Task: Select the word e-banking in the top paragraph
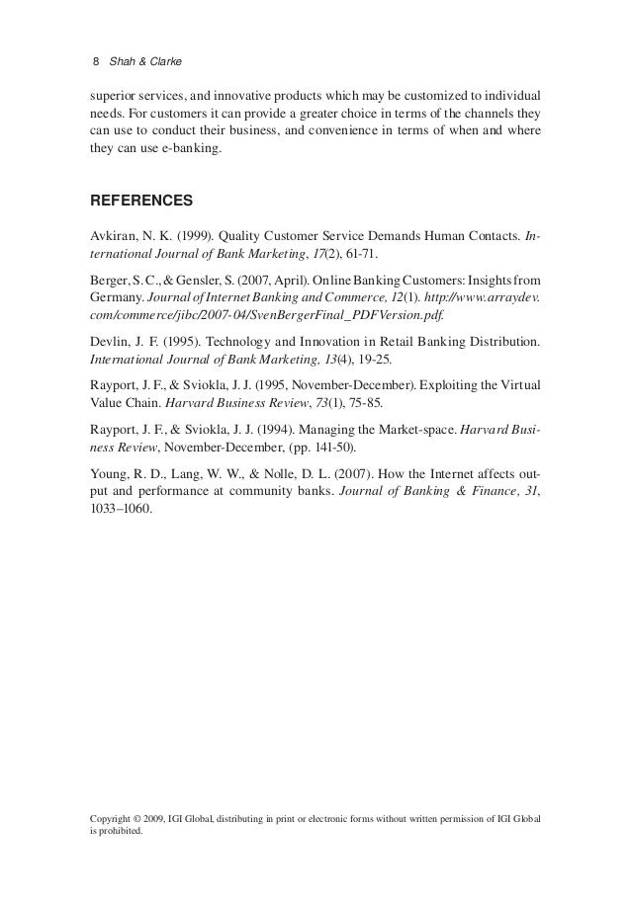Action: [x=192, y=149]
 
